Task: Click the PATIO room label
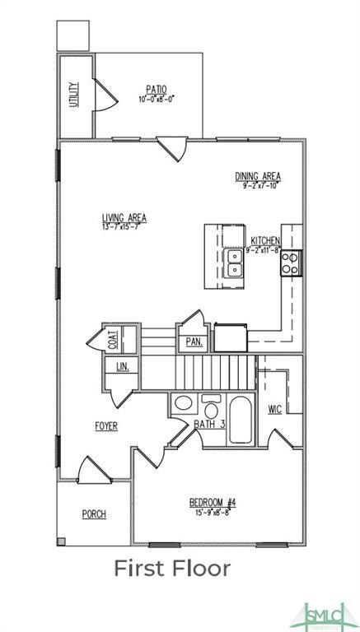pos(157,90)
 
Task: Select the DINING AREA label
pos(258,176)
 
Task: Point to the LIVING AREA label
pos(124,217)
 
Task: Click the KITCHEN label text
pos(265,241)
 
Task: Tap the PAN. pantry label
pos(194,341)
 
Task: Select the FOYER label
pos(105,425)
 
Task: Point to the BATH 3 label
pos(210,424)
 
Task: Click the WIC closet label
pos(275,408)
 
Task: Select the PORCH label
pos(94,514)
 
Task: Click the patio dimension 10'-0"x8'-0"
pos(157,100)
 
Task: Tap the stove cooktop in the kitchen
pos(292,263)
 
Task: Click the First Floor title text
pos(171,568)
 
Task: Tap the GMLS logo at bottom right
pos(324,611)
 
